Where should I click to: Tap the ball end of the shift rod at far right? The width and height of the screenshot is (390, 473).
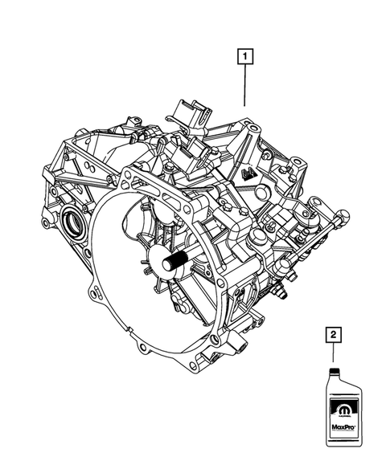[x=343, y=214]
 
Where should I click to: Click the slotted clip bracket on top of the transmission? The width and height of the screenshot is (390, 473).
[x=187, y=113]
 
